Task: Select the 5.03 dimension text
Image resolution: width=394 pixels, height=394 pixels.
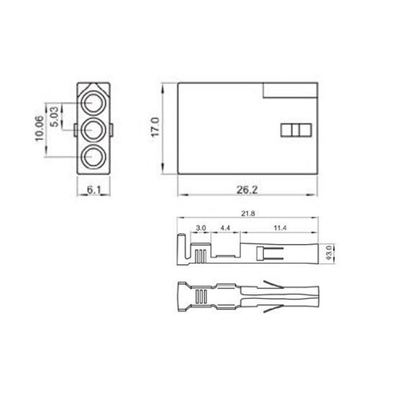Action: tap(55, 117)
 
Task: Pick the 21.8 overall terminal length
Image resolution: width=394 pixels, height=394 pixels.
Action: tap(248, 213)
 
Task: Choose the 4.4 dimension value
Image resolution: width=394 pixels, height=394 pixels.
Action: tap(225, 228)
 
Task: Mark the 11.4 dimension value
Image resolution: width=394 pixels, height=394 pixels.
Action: tap(280, 228)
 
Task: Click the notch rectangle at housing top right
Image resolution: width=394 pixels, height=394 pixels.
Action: tap(290, 90)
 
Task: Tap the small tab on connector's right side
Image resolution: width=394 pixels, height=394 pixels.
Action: tap(113, 130)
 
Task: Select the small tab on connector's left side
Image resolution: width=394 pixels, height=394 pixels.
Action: tap(75, 130)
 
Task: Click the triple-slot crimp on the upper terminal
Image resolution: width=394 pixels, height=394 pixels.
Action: tap(200, 255)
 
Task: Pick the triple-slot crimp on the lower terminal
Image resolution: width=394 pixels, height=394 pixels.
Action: tap(200, 297)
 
